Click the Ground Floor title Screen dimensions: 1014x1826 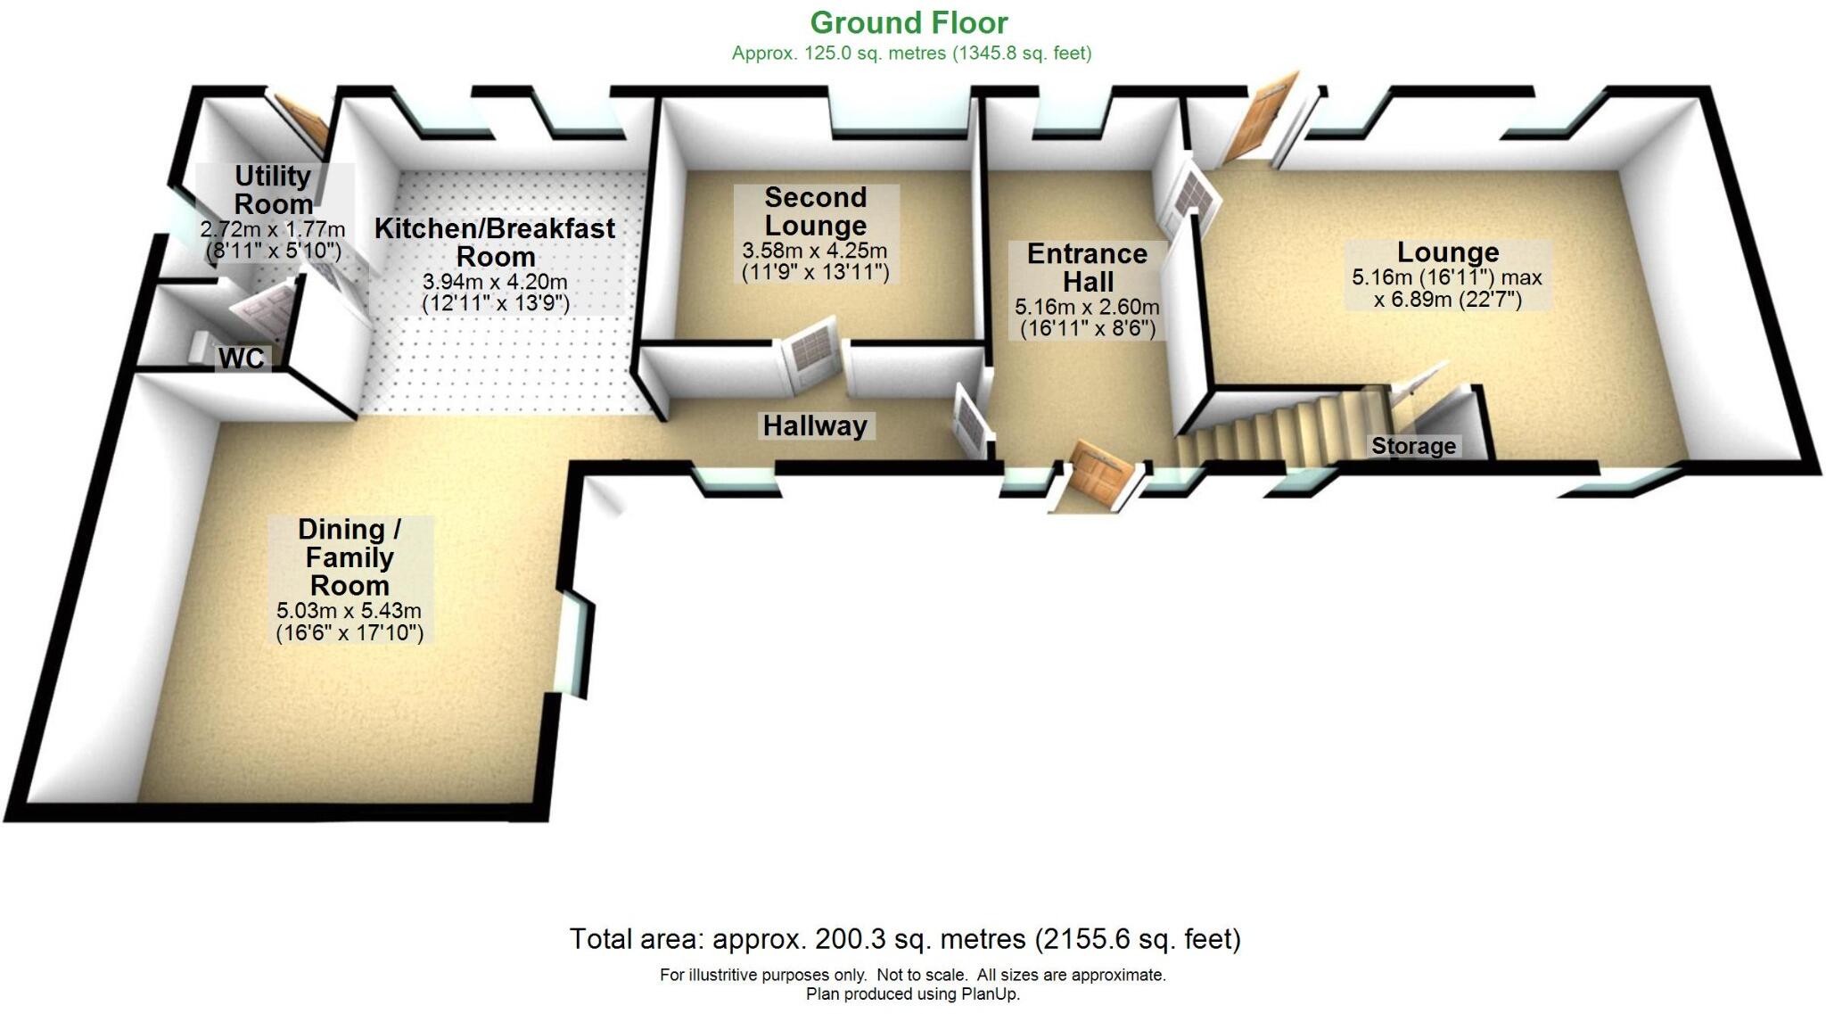coord(909,22)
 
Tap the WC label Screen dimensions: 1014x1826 coord(241,359)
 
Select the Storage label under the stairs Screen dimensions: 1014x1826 coord(1413,446)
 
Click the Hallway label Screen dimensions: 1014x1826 coord(815,426)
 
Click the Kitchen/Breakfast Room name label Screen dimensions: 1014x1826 coord(495,242)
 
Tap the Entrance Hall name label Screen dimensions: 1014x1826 coord(1087,268)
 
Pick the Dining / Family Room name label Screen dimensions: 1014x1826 coord(349,557)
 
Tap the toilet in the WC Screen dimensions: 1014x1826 coord(201,349)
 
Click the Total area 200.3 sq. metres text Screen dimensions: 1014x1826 coord(904,939)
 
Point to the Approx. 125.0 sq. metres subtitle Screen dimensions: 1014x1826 coord(911,54)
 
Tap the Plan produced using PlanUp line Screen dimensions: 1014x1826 coord(912,993)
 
